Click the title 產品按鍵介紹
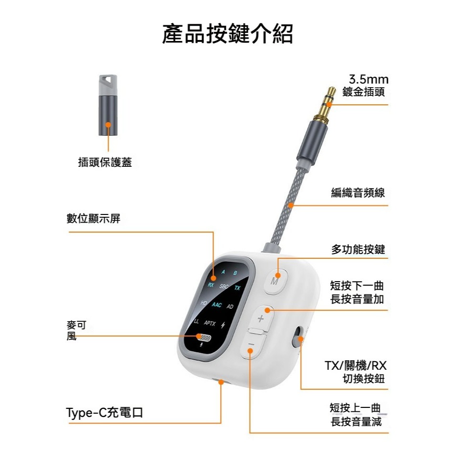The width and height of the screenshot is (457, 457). pyautogui.click(x=227, y=34)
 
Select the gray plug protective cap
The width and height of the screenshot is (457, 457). pyautogui.click(x=108, y=105)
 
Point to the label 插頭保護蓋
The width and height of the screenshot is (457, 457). pyautogui.click(x=105, y=162)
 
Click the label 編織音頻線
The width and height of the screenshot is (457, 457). pyautogui.click(x=358, y=193)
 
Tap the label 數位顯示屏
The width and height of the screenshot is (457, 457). pyautogui.click(x=93, y=218)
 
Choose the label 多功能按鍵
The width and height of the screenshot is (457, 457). pyautogui.click(x=358, y=250)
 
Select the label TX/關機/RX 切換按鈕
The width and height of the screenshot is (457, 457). pyautogui.click(x=355, y=372)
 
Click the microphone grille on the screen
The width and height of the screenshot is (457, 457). pyautogui.click(x=204, y=337)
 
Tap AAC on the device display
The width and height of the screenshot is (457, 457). pyautogui.click(x=216, y=305)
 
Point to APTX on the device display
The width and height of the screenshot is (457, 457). pyautogui.click(x=210, y=323)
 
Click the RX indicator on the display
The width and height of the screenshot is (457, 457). pyautogui.click(x=211, y=285)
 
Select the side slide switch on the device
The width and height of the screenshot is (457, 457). pyautogui.click(x=298, y=336)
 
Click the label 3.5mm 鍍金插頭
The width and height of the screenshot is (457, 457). pyautogui.click(x=366, y=85)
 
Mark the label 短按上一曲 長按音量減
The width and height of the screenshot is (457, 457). pyautogui.click(x=355, y=415)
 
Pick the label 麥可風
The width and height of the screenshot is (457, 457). pyautogui.click(x=76, y=331)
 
